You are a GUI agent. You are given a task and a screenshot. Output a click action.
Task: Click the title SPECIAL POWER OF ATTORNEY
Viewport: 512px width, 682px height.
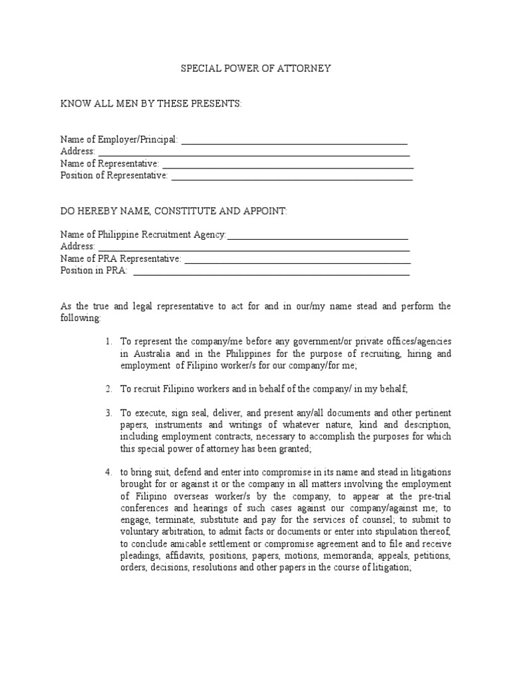pyautogui.click(x=257, y=69)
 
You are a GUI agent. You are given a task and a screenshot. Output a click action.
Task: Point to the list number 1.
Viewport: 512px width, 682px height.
pyautogui.click(x=108, y=342)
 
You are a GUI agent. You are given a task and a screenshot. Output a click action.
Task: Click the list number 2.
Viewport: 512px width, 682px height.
pyautogui.click(x=108, y=389)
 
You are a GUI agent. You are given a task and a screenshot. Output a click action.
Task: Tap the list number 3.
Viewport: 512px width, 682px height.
pyautogui.click(x=108, y=413)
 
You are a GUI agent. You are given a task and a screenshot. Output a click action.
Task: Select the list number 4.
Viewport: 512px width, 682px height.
pyautogui.click(x=108, y=473)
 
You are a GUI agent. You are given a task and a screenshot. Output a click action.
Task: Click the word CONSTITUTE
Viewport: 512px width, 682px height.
pyautogui.click(x=186, y=211)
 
